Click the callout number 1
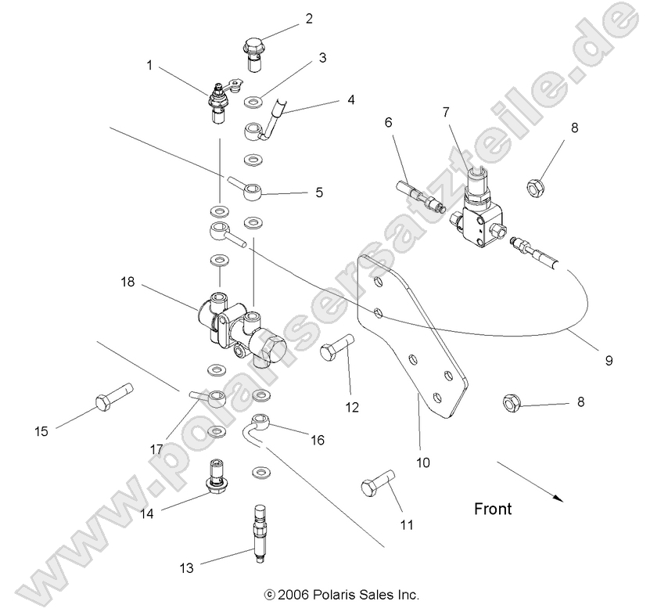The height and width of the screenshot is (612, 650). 149,66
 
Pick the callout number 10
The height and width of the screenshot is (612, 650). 422,463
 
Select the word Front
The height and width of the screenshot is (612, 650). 493,509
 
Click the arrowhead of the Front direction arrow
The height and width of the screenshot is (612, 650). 557,496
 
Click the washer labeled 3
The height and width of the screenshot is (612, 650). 253,102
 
